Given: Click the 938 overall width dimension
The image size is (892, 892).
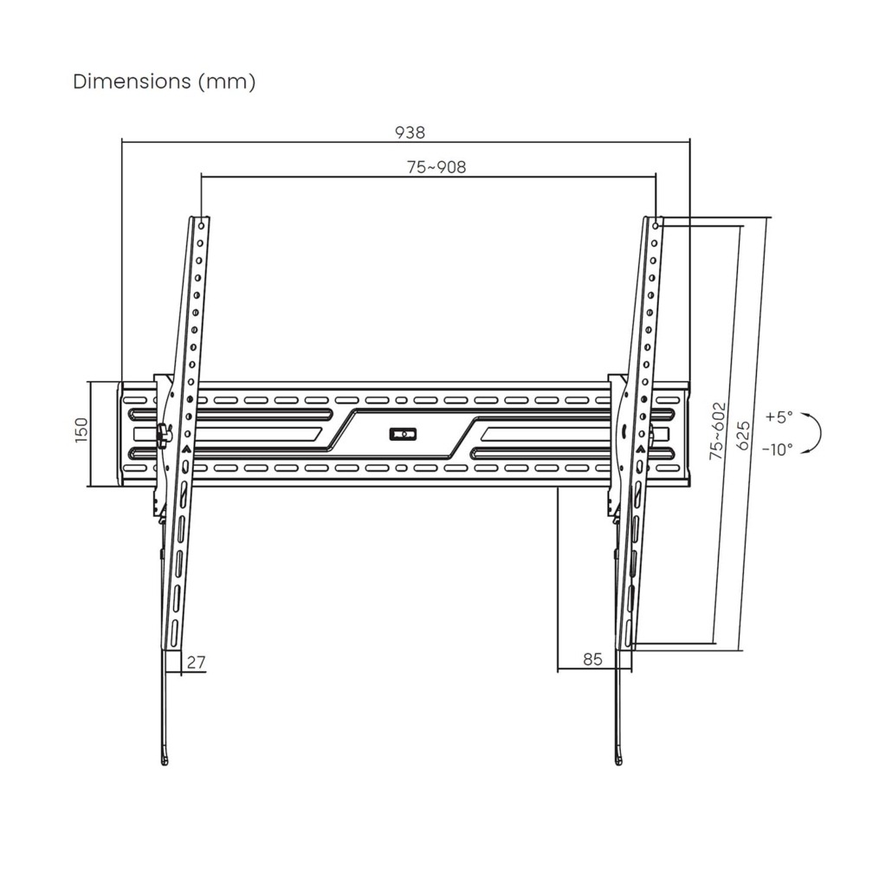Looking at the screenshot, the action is click(x=410, y=133).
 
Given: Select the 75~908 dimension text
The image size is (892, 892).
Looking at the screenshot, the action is click(x=436, y=167).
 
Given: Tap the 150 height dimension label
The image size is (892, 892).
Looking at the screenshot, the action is click(x=81, y=430).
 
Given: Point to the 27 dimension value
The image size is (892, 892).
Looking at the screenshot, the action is click(x=196, y=663).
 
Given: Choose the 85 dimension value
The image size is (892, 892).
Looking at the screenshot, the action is click(x=592, y=659).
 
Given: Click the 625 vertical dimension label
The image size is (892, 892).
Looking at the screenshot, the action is click(x=743, y=436).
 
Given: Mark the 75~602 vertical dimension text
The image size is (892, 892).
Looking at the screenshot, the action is click(x=718, y=431).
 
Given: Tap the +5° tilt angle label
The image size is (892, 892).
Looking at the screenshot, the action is click(x=779, y=417).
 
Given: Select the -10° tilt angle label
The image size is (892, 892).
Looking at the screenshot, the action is click(x=777, y=449).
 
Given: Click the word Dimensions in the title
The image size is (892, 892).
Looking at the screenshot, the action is click(x=132, y=81).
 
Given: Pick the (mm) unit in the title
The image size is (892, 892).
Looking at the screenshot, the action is click(x=227, y=82).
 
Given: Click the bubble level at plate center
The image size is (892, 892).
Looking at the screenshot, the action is click(x=403, y=434).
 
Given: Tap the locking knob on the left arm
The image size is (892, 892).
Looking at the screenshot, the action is click(x=164, y=436).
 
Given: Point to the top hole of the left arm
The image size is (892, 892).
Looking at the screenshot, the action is click(x=202, y=226).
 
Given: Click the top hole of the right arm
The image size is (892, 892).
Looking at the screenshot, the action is click(x=656, y=226).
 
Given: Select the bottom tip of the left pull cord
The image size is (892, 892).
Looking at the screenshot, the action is click(x=165, y=764).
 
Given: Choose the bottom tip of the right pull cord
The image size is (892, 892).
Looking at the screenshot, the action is click(x=619, y=764).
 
